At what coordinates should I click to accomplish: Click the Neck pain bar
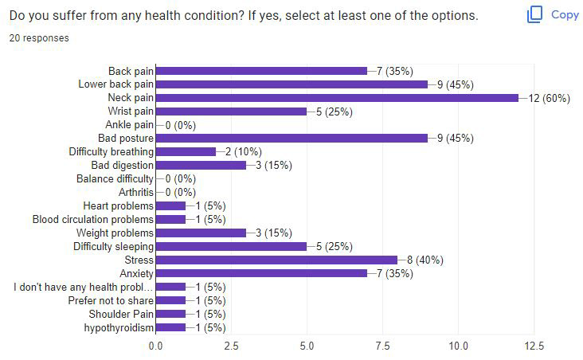tap(336, 98)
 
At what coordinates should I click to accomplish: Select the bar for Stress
tap(276, 260)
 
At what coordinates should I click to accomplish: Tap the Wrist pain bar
tap(230, 112)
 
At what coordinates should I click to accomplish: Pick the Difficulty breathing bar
tap(186, 151)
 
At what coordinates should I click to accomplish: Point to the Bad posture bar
tap(291, 139)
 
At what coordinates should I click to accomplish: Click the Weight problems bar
tap(201, 233)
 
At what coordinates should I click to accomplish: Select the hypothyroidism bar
tap(170, 327)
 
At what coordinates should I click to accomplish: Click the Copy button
tap(554, 14)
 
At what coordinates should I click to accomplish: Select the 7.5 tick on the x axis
tap(382, 346)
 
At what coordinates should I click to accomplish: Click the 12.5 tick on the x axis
tap(534, 346)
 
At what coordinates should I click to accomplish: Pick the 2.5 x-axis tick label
tap(231, 346)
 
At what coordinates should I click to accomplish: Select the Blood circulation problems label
tap(93, 219)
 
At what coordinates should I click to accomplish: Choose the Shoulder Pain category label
tap(118, 314)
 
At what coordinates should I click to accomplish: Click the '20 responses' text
tap(38, 37)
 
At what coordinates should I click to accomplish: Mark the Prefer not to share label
tap(111, 300)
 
